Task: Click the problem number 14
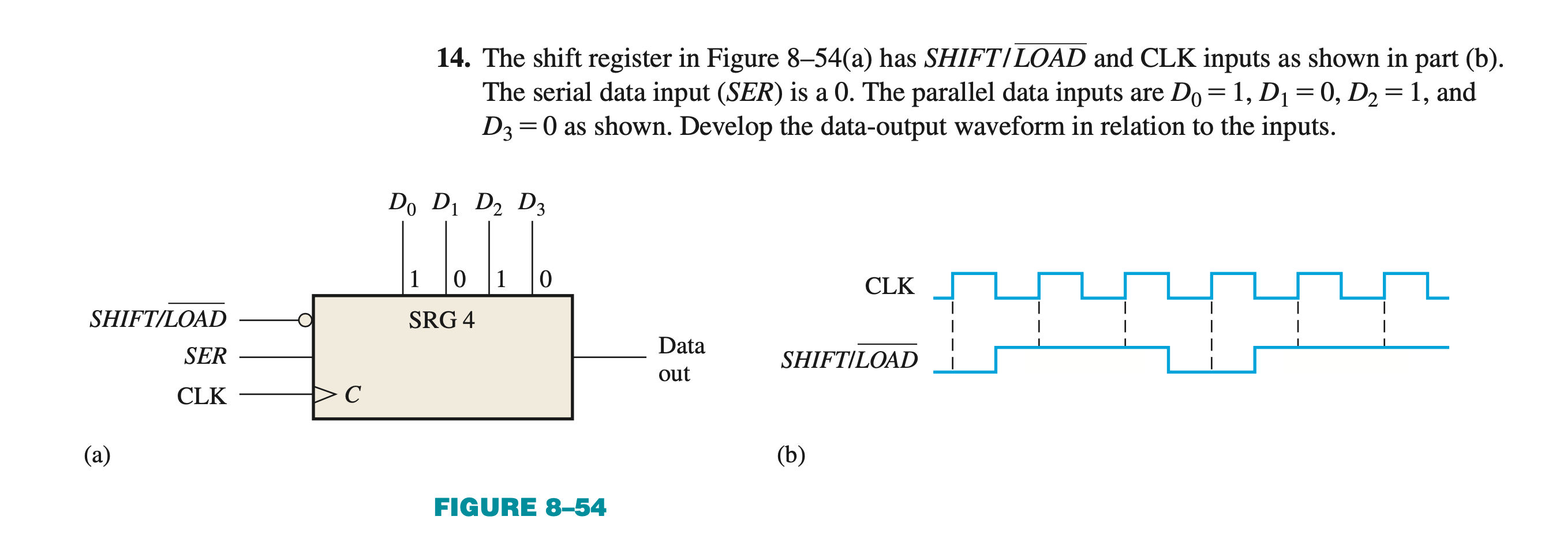pos(453,58)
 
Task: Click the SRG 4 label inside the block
pos(442,320)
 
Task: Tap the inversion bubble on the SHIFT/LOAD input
pos(305,321)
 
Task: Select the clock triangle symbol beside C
pos(325,394)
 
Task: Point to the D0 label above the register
pos(402,204)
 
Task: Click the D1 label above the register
pos(445,204)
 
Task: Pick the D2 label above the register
pos(488,204)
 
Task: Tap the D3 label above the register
pos(531,204)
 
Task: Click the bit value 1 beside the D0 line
pos(414,279)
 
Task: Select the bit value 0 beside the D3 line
pos(545,279)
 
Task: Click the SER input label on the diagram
pos(205,356)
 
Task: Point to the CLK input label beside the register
pos(201,396)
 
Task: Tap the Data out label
pos(682,359)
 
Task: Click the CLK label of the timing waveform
pos(889,286)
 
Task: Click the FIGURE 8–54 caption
pos(520,507)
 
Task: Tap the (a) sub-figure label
pos(97,455)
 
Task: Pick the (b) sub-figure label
pos(791,455)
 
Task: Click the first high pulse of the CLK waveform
pos(974,274)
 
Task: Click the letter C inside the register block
pos(352,394)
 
